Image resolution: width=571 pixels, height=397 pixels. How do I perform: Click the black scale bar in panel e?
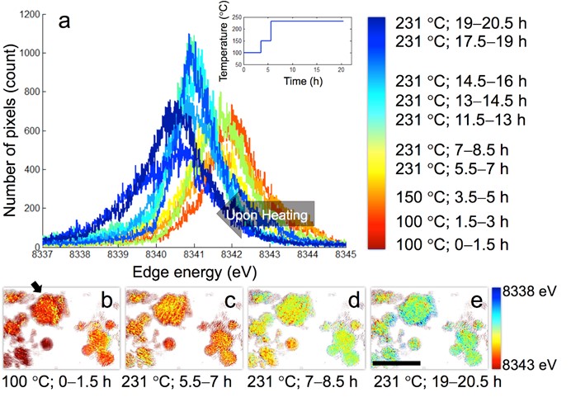click(x=397, y=362)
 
